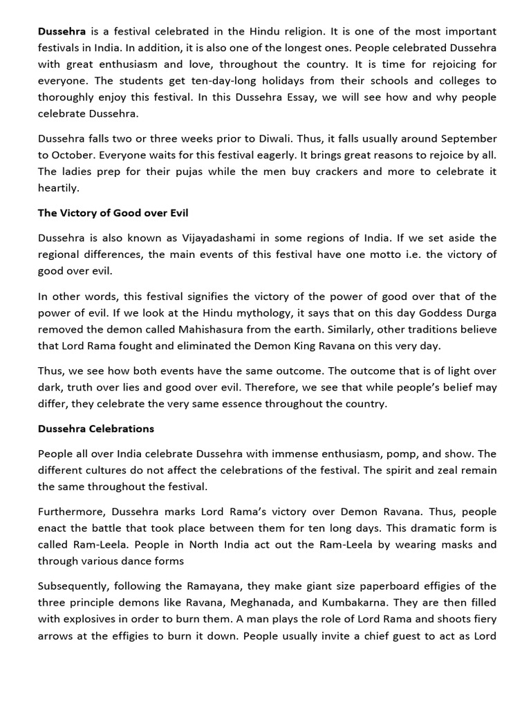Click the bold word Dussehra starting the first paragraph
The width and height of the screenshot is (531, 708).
(x=60, y=32)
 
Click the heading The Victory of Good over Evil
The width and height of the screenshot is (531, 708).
(x=113, y=213)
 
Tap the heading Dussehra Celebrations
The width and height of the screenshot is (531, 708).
(x=96, y=429)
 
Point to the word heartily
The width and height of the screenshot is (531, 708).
(x=59, y=188)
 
